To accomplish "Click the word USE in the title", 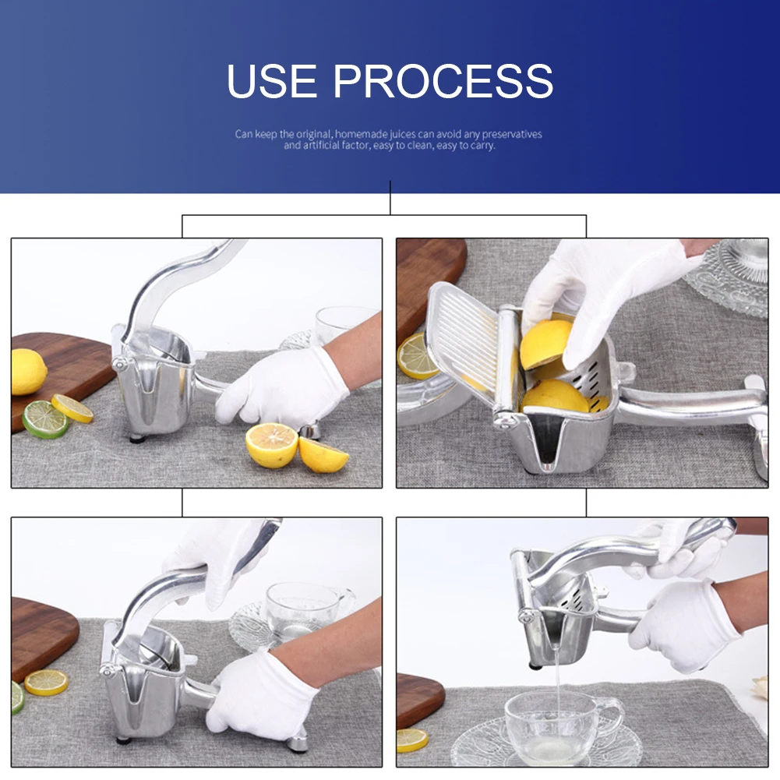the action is click(x=272, y=80).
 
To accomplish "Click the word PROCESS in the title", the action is click(x=443, y=80).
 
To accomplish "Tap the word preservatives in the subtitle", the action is click(x=511, y=134).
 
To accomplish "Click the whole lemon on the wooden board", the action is click(x=27, y=372).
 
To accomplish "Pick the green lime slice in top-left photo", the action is click(x=44, y=419).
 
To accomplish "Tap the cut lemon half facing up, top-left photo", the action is click(x=272, y=445).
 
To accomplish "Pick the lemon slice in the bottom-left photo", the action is click(x=46, y=683).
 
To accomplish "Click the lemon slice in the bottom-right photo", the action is click(x=412, y=740).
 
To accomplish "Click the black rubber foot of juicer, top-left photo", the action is click(x=137, y=439).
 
